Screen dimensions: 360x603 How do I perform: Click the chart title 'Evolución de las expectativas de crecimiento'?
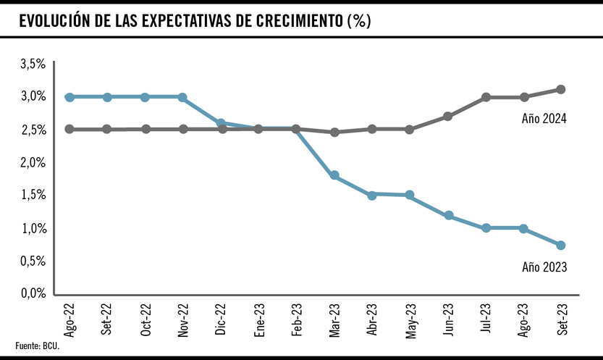point(195,21)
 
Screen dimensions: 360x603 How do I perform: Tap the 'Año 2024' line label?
point(543,119)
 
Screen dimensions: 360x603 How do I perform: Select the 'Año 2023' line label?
point(544,267)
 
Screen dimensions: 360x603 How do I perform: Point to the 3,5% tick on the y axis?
point(33,64)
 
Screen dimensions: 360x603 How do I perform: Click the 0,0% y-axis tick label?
point(33,293)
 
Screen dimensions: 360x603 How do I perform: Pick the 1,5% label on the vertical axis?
point(33,195)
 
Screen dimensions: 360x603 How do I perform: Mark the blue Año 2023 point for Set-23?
point(561,245)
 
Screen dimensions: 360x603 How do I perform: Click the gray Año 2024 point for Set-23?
point(561,89)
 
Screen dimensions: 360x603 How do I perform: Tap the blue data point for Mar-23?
point(334,175)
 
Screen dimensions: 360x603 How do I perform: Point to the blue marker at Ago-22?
point(69,97)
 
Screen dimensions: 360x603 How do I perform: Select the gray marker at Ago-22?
point(69,129)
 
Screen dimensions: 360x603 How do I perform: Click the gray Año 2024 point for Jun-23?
point(448,116)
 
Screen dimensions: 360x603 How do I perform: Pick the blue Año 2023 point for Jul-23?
point(486,227)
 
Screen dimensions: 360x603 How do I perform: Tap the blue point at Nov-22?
point(182,97)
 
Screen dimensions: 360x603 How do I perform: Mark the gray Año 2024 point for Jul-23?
point(486,97)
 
